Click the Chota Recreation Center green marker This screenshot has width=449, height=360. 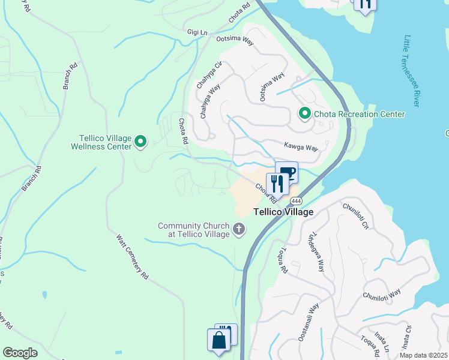click(x=305, y=113)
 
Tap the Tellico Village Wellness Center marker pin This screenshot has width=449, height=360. click(x=140, y=142)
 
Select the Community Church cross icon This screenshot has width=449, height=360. click(x=239, y=229)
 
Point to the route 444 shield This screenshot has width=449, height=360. click(x=295, y=200)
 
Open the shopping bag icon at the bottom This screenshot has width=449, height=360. click(x=218, y=340)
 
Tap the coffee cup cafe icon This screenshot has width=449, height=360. click(x=287, y=173)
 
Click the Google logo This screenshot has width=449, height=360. click(x=20, y=353)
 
